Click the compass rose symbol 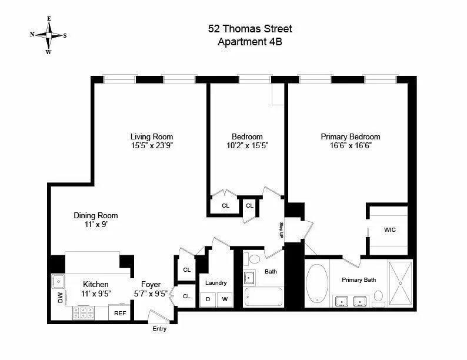(x=49, y=35)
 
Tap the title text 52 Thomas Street (x=250, y=28)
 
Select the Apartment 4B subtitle (x=250, y=41)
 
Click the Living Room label (x=151, y=136)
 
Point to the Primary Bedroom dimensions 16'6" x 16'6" (x=350, y=146)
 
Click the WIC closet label (x=389, y=229)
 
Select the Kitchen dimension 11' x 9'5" (x=95, y=294)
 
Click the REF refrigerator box (x=120, y=313)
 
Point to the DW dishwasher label (x=60, y=299)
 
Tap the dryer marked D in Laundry (x=208, y=299)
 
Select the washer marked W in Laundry (x=224, y=299)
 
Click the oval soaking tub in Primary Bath (x=318, y=282)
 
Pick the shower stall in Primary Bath (x=400, y=283)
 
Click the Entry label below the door (x=159, y=329)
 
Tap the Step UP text (x=281, y=229)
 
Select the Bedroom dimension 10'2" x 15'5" (x=248, y=146)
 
